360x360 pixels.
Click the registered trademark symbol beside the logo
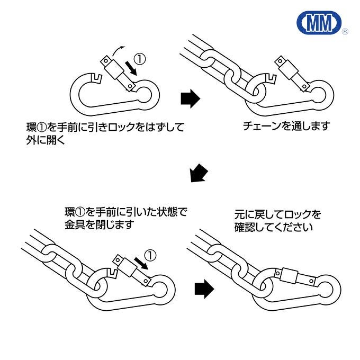click(345, 32)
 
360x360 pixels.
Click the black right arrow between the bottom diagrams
click(204, 289)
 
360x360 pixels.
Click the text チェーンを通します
click(286, 126)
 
